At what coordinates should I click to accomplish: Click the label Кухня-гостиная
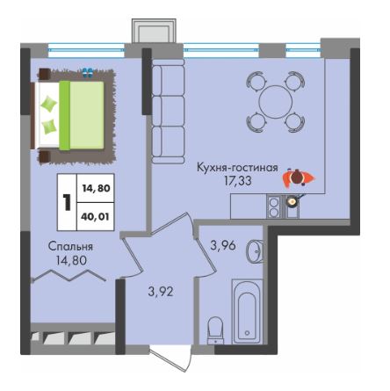pyautogui.click(x=237, y=169)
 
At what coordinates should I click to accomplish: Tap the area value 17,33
pyautogui.click(x=238, y=181)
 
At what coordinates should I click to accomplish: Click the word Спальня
pyautogui.click(x=70, y=247)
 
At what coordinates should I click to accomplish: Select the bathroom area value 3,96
pyautogui.click(x=223, y=245)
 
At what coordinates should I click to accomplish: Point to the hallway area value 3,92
pyautogui.click(x=161, y=292)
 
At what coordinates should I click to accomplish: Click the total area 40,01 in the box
pyautogui.click(x=96, y=217)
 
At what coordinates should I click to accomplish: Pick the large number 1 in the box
pyautogui.click(x=67, y=202)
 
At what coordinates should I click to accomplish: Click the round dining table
pyautogui.click(x=276, y=102)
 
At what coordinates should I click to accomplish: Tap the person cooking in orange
pyautogui.click(x=299, y=177)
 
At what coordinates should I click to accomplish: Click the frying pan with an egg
pyautogui.click(x=293, y=200)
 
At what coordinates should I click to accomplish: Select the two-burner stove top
pyautogui.click(x=274, y=207)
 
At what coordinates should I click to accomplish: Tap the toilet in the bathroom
pyautogui.click(x=215, y=330)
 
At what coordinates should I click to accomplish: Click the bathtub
pyautogui.click(x=248, y=311)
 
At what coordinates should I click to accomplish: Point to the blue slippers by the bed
pyautogui.click(x=88, y=72)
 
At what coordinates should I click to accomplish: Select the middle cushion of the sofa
pyautogui.click(x=168, y=111)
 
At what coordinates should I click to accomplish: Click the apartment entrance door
pyautogui.click(x=170, y=359)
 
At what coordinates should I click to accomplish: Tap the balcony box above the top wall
pyautogui.click(x=155, y=32)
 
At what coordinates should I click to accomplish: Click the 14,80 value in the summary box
pyautogui.click(x=96, y=188)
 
